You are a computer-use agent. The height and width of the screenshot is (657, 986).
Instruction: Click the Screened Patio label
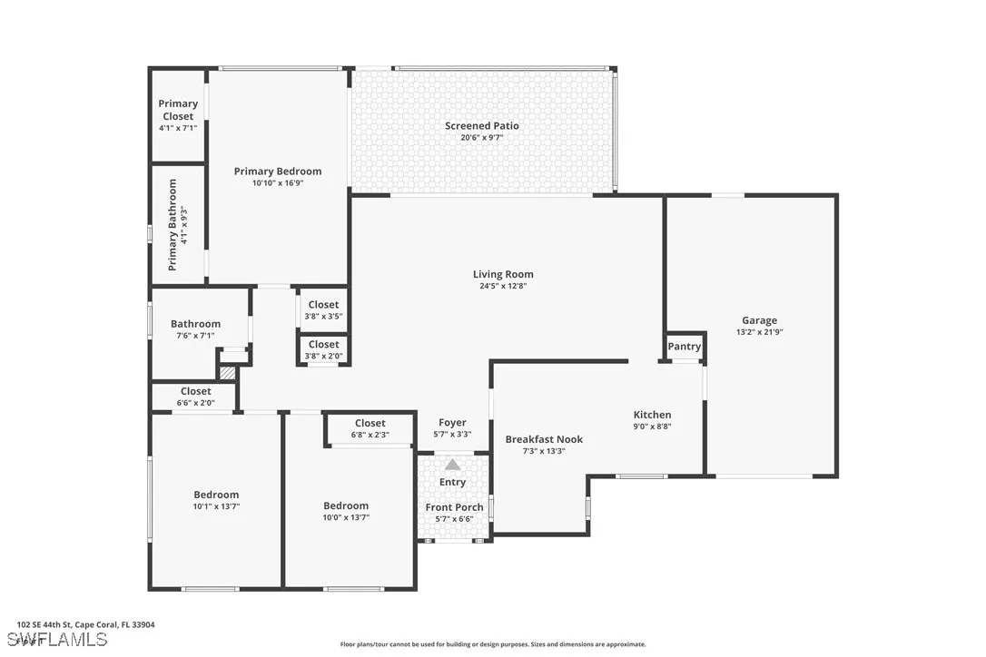(x=481, y=126)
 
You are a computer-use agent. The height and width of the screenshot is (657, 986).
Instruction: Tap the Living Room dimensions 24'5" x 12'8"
(x=503, y=286)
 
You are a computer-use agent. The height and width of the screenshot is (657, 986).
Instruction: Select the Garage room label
(x=759, y=320)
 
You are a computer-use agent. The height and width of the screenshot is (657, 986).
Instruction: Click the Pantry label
(x=684, y=347)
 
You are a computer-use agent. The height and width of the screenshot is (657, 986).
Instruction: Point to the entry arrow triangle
(x=452, y=465)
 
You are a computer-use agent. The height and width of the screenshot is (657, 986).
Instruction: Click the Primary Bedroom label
(x=277, y=172)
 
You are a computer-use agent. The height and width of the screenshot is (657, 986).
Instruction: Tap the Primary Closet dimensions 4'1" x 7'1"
(x=178, y=128)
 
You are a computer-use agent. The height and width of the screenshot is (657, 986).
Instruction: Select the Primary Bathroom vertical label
(x=173, y=224)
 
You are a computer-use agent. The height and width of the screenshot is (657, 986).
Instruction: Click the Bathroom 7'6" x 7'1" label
(x=195, y=325)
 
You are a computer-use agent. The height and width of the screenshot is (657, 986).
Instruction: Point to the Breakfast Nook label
(x=544, y=439)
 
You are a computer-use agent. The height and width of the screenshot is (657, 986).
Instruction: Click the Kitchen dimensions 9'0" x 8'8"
(x=652, y=427)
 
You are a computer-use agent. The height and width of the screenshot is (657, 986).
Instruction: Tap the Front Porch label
(x=454, y=508)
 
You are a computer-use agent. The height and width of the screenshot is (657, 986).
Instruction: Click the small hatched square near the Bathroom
(x=228, y=372)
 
